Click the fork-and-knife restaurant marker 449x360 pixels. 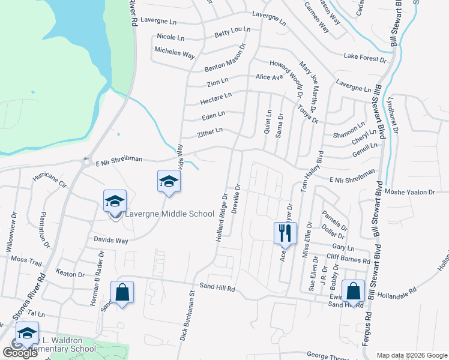coord(285,232)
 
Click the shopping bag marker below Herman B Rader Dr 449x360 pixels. coord(122,293)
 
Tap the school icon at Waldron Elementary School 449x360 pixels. coord(27,333)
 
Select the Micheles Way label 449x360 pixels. coord(175,53)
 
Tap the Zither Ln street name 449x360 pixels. coord(210,131)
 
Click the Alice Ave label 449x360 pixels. coord(269,77)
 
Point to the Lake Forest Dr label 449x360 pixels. coord(365,58)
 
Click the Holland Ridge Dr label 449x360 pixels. coord(221,218)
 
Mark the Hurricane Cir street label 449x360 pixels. coord(52,179)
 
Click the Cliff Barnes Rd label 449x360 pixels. coord(348,259)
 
